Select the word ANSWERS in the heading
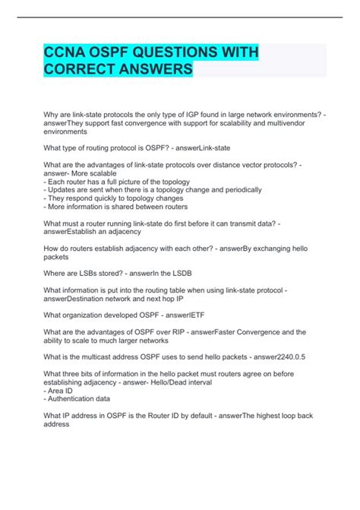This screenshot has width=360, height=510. [x=156, y=69]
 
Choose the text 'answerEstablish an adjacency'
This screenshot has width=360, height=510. [x=91, y=231]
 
